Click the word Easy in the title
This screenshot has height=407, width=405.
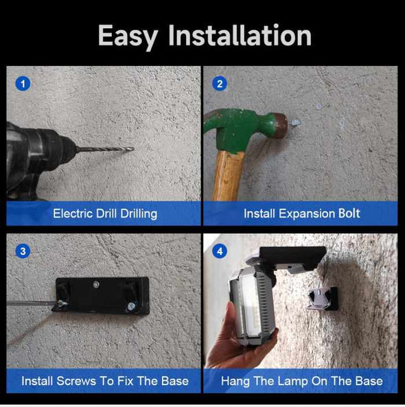(128, 36)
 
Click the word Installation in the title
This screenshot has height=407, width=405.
(240, 35)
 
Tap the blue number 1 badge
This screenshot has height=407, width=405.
(23, 84)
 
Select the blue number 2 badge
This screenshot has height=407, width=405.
(220, 84)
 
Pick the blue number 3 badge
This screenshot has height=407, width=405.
(23, 251)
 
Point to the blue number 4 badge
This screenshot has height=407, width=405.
(220, 251)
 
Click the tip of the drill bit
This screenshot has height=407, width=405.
(134, 149)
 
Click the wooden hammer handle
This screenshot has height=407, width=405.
(228, 176)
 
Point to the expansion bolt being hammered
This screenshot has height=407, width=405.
(294, 122)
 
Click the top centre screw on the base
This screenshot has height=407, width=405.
(96, 284)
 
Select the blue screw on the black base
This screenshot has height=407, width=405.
(131, 307)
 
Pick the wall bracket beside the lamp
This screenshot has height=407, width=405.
(323, 299)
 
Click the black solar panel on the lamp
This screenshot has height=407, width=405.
(293, 256)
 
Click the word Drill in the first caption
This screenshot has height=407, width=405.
(106, 213)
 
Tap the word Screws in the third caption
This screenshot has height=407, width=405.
(76, 381)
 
